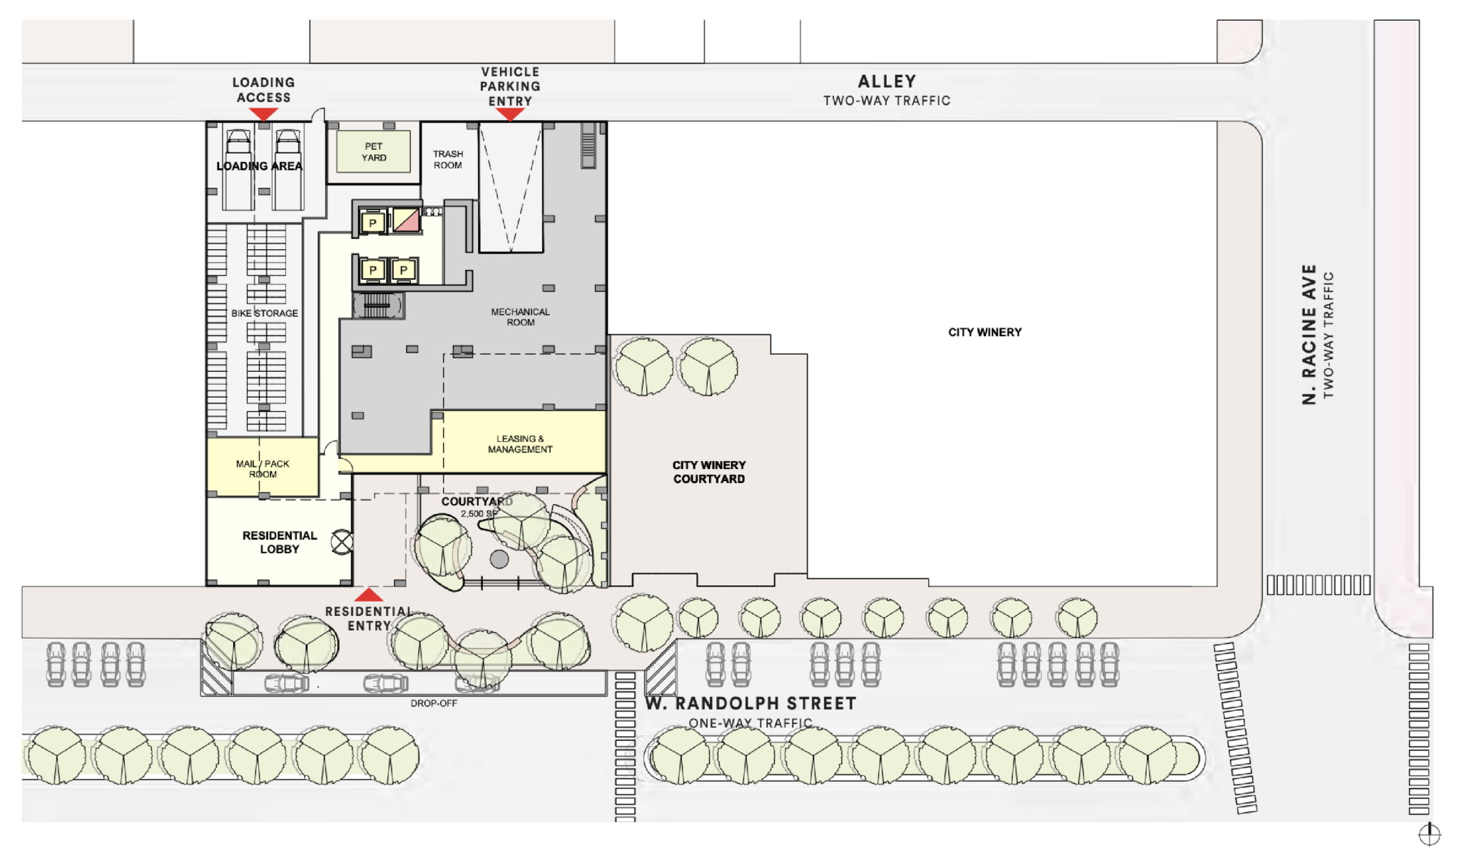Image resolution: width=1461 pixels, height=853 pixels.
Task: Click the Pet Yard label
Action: coord(374,152)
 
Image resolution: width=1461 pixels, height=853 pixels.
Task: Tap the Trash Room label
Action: coord(448,159)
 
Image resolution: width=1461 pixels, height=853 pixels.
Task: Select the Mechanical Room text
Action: coord(520,317)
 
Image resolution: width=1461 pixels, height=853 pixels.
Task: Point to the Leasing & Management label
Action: coord(520,444)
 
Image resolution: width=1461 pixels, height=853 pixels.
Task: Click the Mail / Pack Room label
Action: coord(263,469)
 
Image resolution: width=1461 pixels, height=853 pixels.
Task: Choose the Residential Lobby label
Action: coord(280,542)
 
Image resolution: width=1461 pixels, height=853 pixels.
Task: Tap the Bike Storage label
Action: coord(265,313)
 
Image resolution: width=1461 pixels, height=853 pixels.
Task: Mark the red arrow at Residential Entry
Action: coord(368,595)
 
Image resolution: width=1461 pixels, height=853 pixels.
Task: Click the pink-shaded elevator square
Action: coord(407,221)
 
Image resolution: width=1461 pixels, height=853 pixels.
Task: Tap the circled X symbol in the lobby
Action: coord(342,542)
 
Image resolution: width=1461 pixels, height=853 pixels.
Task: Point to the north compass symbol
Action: coord(1429,834)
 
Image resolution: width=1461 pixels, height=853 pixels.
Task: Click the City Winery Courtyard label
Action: coord(709,472)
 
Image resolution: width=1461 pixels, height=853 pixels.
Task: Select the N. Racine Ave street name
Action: coord(1308,334)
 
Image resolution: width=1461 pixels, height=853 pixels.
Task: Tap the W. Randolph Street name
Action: coord(750,704)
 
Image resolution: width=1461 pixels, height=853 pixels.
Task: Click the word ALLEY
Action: coord(887,81)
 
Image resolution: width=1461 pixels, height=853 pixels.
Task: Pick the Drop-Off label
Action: coord(434,704)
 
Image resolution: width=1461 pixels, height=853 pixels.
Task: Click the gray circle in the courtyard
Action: coord(499,559)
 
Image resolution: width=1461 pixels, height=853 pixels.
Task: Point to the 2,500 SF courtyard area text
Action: coord(479,514)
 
